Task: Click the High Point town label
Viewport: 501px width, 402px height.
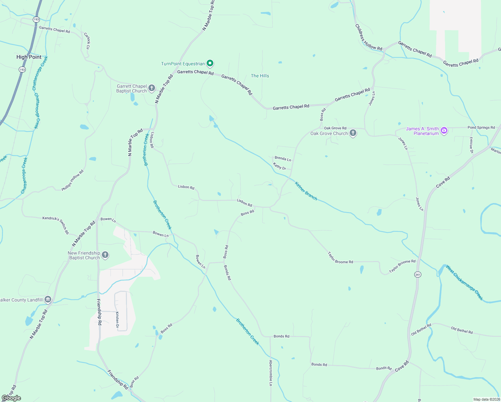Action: pyautogui.click(x=29, y=57)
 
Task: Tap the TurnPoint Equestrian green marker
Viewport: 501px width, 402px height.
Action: pyautogui.click(x=210, y=63)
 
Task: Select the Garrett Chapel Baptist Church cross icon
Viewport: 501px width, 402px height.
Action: pyautogui.click(x=152, y=88)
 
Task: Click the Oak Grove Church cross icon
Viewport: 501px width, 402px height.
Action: pyautogui.click(x=353, y=133)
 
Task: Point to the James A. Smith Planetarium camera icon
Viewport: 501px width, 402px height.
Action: pyautogui.click(x=444, y=131)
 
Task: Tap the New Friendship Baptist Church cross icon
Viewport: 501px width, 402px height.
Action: pyautogui.click(x=105, y=255)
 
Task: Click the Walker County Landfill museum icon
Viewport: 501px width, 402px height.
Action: pyautogui.click(x=48, y=299)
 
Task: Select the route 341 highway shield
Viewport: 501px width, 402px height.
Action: pyautogui.click(x=418, y=275)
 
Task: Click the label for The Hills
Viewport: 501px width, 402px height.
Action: pyautogui.click(x=260, y=76)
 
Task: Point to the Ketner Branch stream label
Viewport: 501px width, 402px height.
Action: pyautogui.click(x=306, y=191)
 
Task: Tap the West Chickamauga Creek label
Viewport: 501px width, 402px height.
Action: pyautogui.click(x=464, y=282)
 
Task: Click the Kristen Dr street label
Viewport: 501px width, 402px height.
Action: pyautogui.click(x=117, y=320)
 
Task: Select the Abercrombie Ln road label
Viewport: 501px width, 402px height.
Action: pyautogui.click(x=271, y=373)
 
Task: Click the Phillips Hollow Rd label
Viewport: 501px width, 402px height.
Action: pyautogui.click(x=72, y=180)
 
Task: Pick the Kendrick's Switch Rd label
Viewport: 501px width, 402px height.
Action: pyautogui.click(x=56, y=225)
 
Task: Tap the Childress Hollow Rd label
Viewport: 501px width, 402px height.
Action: pyautogui.click(x=368, y=38)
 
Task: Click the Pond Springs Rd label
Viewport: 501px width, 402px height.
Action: pyautogui.click(x=481, y=128)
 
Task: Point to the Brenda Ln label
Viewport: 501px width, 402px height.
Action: pyautogui.click(x=283, y=158)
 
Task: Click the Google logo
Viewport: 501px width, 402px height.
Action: pyautogui.click(x=11, y=398)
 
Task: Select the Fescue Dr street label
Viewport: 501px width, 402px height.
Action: pyautogui.click(x=471, y=145)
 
